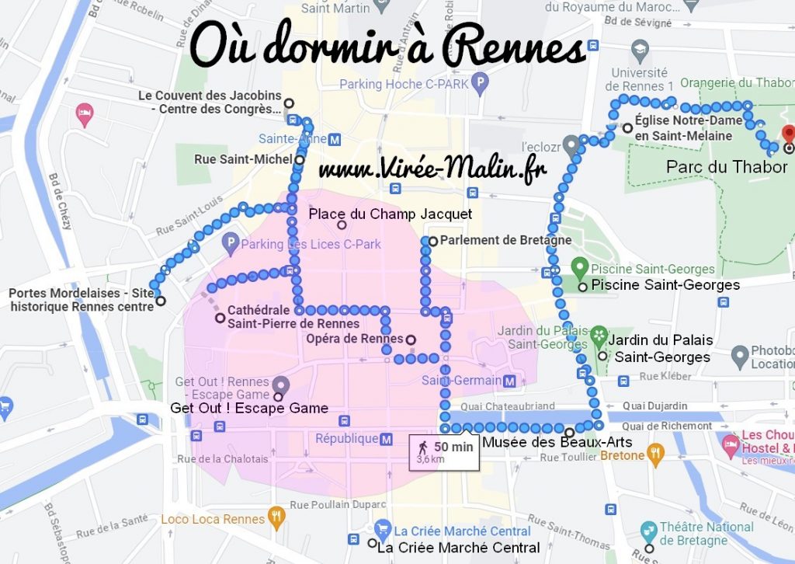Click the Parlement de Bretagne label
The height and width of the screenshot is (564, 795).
point(505,241)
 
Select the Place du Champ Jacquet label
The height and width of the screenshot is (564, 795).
point(390,214)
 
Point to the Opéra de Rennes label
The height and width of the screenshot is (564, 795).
point(355,339)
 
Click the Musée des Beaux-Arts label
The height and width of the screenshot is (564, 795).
point(557,442)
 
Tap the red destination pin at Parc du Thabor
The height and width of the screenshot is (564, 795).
point(788,134)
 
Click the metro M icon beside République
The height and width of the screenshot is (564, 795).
point(387,439)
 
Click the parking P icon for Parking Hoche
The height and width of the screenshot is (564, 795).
point(481,81)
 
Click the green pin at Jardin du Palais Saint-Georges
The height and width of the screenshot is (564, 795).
point(599,336)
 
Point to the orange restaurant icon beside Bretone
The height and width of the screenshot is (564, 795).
point(656,455)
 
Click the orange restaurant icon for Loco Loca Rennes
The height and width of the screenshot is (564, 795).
point(275,518)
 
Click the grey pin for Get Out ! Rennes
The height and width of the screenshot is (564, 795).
point(281,384)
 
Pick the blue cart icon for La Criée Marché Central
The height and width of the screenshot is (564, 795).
point(381,529)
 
